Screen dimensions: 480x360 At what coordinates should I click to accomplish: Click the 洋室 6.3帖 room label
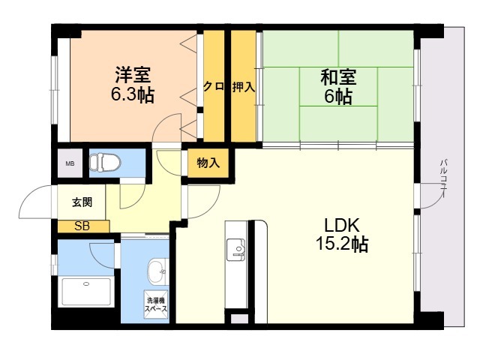[x=132, y=84]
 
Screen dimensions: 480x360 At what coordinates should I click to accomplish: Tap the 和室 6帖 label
[x=338, y=86]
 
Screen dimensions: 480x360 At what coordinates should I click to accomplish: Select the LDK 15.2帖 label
[x=342, y=235]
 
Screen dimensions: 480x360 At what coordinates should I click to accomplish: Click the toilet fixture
[x=105, y=162]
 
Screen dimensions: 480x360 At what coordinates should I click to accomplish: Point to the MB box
[x=70, y=163]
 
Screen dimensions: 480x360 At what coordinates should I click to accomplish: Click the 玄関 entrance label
[x=82, y=202]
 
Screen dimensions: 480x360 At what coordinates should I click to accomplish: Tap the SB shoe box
[x=83, y=226]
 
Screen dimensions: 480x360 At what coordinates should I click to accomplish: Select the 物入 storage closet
[x=208, y=163]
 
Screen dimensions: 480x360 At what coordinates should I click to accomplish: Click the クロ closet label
[x=214, y=87]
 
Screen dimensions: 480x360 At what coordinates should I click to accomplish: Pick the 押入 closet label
[x=243, y=87]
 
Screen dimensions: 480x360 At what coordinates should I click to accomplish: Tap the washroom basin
[x=158, y=271]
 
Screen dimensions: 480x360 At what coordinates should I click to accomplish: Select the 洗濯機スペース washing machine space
[x=156, y=304]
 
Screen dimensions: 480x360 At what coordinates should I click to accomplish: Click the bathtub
[x=86, y=292]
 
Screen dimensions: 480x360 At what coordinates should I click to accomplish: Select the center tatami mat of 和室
[x=338, y=87]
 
